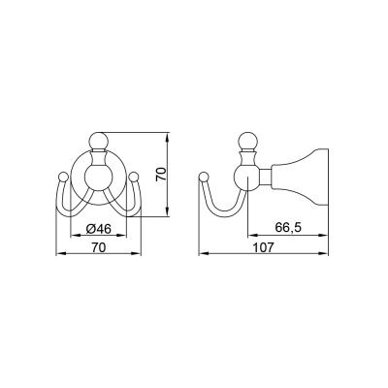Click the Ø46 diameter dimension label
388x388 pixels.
point(99,229)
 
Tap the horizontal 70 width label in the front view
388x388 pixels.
point(99,247)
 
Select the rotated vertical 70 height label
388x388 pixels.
point(161,175)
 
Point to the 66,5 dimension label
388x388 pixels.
point(288,228)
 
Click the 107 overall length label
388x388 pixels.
point(263,247)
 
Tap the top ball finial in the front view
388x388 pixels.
point(98,141)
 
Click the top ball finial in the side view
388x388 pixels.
point(247,141)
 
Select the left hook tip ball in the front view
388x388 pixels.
point(63,177)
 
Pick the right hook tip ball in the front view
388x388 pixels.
point(134,177)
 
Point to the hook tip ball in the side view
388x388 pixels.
point(204,177)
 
